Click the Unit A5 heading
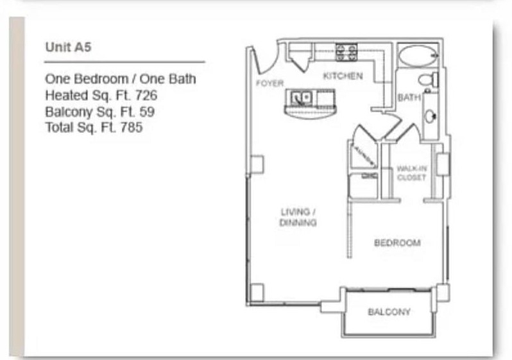click(62, 47)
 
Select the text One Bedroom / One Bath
click(120, 79)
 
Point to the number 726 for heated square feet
click(146, 95)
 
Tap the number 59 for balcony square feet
click(147, 111)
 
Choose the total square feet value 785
click(132, 127)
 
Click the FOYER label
click(269, 83)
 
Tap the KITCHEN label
click(342, 76)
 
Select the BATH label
click(408, 98)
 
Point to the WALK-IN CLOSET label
click(411, 173)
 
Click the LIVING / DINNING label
click(298, 217)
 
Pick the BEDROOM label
click(397, 243)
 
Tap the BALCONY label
click(389, 312)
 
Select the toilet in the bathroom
click(426, 80)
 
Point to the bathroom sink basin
click(431, 117)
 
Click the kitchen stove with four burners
click(346, 51)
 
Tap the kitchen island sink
click(300, 98)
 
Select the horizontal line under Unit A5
click(124, 62)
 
